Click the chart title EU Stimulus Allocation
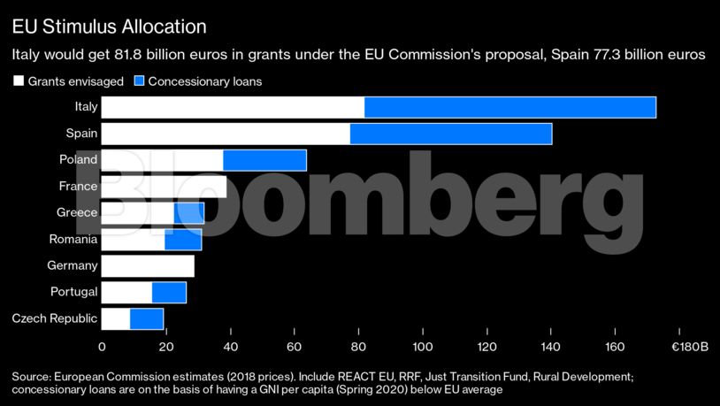click(x=110, y=27)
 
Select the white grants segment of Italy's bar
click(x=233, y=107)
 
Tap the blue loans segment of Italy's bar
click(x=509, y=107)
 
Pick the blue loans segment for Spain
click(x=451, y=134)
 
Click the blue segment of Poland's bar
click(x=264, y=160)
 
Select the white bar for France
click(x=164, y=187)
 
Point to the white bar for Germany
click(x=148, y=265)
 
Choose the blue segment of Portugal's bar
click(x=169, y=292)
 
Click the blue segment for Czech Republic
click(x=147, y=318)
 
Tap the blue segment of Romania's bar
click(x=183, y=239)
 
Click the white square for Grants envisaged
click(x=18, y=81)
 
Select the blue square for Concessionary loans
click(x=139, y=81)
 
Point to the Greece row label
click(x=77, y=212)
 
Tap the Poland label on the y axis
click(x=79, y=160)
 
